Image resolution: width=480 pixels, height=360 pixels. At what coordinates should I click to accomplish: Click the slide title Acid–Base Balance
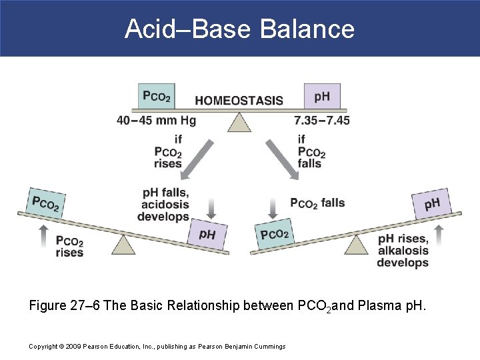[x=239, y=29]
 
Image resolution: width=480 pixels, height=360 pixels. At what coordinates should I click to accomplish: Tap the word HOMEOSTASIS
[x=239, y=101]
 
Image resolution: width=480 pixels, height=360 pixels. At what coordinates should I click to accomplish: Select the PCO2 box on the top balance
[x=157, y=96]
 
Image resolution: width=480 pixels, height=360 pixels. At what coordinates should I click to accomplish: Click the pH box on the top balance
[x=321, y=96]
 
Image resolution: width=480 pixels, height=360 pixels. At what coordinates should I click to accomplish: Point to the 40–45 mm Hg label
[x=157, y=121]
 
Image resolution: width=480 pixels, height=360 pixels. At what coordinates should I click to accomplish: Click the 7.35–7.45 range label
[x=322, y=121]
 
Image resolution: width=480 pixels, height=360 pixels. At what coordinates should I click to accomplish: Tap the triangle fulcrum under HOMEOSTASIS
[x=239, y=121]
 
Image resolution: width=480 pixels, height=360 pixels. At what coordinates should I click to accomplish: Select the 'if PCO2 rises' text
[x=168, y=151]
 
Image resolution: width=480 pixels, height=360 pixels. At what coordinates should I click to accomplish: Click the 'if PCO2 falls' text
[x=311, y=151]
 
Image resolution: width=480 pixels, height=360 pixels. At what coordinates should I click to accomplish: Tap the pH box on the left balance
[x=207, y=235]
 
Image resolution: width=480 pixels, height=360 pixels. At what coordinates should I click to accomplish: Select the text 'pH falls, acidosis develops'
[x=164, y=205]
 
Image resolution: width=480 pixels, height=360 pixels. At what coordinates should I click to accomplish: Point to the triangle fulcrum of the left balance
[x=123, y=245]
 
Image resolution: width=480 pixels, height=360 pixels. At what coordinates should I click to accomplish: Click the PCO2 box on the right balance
[x=274, y=234]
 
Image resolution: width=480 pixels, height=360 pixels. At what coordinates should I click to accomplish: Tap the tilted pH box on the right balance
[x=432, y=203]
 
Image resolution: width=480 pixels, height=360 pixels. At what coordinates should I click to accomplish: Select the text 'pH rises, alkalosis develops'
[x=403, y=250]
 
